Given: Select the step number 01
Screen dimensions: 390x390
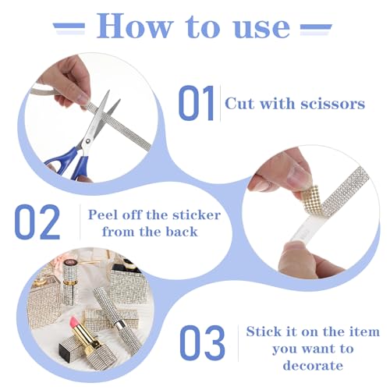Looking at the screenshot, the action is [x=197, y=103].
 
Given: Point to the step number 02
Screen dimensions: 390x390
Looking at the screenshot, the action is [x=37, y=222].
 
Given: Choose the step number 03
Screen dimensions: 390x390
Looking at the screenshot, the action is [x=202, y=342].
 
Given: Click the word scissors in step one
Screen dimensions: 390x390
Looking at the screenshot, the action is [x=333, y=104].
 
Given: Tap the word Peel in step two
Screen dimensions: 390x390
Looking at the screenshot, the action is [x=102, y=214].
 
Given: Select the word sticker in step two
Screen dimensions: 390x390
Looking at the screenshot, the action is [x=197, y=215].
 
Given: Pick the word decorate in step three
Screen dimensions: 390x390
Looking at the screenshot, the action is [x=313, y=365].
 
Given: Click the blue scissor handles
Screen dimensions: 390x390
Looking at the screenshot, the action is [x=69, y=164].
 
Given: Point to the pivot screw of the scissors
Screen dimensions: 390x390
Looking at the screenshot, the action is [x=88, y=141].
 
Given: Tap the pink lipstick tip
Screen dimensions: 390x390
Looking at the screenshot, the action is [x=74, y=321].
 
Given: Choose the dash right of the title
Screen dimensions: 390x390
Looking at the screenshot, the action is [x=316, y=27].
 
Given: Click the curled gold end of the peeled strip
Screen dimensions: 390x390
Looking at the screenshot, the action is [x=311, y=198].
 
